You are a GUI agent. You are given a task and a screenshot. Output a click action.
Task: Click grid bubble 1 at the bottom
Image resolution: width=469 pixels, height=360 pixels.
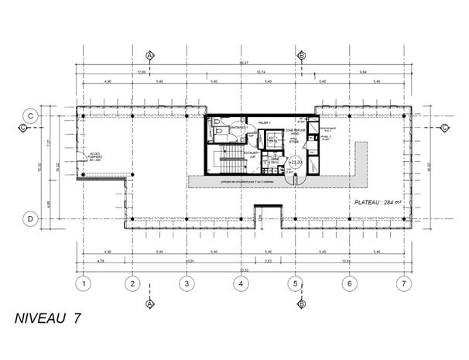tap(80, 283)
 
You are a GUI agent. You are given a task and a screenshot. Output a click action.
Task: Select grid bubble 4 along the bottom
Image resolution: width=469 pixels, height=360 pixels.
tap(241, 283)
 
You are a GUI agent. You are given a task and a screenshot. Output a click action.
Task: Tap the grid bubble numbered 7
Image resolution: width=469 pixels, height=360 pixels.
tap(402, 283)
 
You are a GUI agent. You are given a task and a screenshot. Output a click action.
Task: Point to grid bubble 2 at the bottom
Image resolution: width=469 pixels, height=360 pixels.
tap(133, 283)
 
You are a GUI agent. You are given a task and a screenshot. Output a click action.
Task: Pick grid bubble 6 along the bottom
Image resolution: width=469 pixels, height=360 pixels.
tap(349, 283)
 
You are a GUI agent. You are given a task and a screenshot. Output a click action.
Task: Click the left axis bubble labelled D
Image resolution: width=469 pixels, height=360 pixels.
tap(29, 219)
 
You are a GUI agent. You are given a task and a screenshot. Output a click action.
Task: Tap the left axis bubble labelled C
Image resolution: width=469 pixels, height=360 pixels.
tap(29, 115)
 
